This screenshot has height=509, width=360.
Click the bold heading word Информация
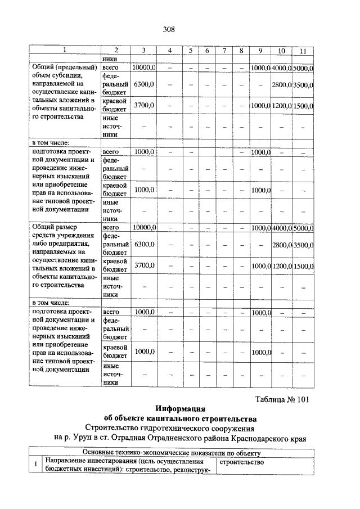tap(180, 409)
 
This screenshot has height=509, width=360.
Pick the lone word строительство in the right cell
tap(241, 462)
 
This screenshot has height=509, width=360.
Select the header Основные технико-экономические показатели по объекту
tap(169, 453)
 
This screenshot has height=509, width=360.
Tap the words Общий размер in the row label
tap(53, 227)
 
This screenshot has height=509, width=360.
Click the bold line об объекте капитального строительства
tap(180, 418)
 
